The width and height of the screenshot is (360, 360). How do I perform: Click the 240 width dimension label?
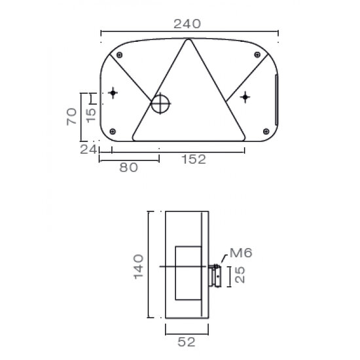pos(187,24)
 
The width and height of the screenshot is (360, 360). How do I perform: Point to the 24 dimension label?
pos(88,149)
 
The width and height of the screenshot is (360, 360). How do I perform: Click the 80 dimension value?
pos(128,168)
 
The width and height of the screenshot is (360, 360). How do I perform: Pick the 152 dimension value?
pos(193,159)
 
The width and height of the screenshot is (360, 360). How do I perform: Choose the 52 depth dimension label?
pos(187,341)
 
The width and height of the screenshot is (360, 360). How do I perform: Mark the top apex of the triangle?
pos(189,41)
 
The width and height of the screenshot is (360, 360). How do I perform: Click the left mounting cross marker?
pos(113,93)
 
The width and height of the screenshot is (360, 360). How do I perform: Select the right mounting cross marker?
pos(245,98)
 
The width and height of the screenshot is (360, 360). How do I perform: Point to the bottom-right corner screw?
pos(265,131)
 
